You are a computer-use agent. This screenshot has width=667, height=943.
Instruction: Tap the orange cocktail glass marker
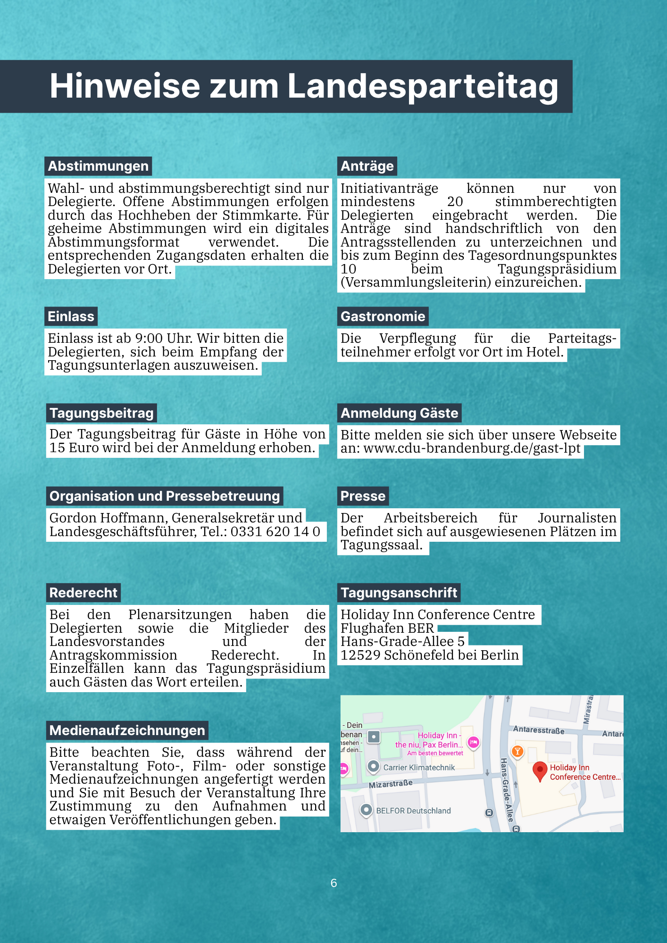coord(517,751)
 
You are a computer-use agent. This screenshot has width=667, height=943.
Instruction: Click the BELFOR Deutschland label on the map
coord(413,811)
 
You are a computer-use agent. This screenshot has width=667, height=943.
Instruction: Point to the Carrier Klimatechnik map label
coord(419,768)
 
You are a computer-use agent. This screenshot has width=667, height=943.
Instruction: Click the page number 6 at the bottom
coord(333,883)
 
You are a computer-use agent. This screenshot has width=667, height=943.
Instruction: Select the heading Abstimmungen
coord(98,166)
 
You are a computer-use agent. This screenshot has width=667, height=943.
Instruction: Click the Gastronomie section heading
coord(383,316)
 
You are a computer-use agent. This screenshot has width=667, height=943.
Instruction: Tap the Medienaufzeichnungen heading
coord(127,730)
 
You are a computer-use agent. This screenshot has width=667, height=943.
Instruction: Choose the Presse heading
coord(363,496)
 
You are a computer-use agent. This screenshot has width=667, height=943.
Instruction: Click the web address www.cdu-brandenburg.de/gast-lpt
coord(472,448)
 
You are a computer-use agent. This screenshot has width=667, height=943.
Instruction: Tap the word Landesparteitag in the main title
coord(423,86)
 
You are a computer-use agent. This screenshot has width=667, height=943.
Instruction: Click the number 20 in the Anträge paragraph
coord(455,202)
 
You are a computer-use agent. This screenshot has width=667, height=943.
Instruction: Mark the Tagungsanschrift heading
coord(399,593)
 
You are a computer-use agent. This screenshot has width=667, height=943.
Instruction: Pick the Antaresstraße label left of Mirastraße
coord(539,730)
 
